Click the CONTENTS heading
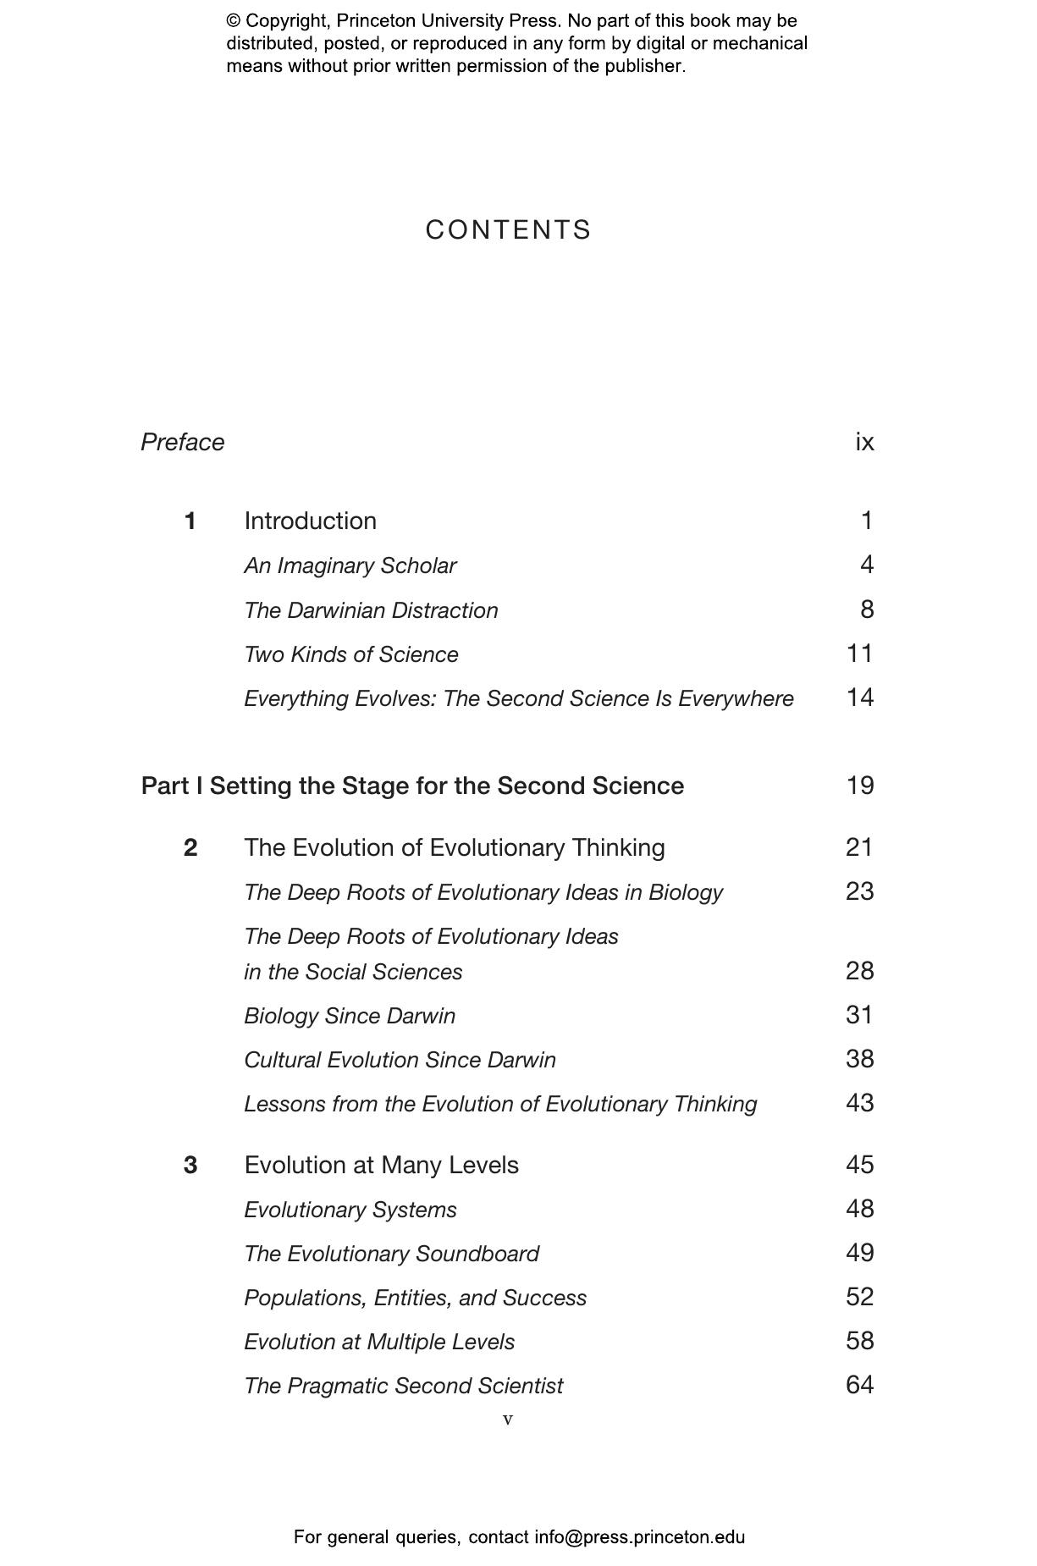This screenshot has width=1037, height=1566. (508, 230)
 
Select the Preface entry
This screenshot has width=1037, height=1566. (182, 442)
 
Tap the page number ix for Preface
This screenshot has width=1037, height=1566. (864, 442)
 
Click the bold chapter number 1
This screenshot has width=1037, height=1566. (190, 521)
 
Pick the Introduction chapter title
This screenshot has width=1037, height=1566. (310, 521)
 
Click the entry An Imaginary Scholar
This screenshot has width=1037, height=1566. (350, 565)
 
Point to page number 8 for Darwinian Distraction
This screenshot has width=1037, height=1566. (866, 609)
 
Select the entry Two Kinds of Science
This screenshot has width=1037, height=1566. (350, 654)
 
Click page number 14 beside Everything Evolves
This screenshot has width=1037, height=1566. (859, 698)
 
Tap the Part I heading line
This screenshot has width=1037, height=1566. (412, 786)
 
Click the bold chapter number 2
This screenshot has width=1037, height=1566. (190, 847)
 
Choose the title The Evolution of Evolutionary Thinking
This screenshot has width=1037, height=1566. (454, 847)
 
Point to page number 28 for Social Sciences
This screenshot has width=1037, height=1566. (859, 971)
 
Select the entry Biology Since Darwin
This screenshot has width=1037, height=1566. (349, 1016)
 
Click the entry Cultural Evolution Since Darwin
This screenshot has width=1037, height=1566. (400, 1060)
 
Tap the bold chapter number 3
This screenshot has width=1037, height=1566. (190, 1166)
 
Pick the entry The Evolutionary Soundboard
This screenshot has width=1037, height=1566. (391, 1254)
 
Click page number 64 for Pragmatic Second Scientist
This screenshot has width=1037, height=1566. (859, 1385)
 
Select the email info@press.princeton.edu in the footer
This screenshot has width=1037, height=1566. (639, 1537)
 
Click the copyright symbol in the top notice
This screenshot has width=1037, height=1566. (233, 21)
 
